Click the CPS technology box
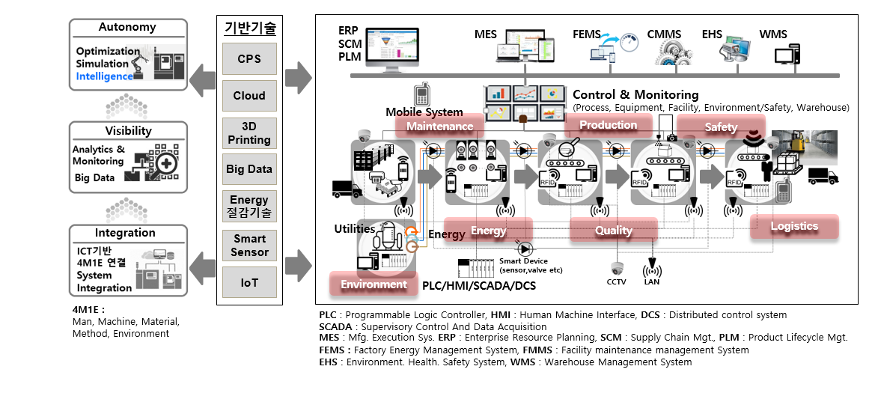249,58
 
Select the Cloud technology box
249,96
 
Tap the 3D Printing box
249,133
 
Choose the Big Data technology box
249,169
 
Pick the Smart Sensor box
249,245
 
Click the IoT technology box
249,283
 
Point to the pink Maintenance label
439,127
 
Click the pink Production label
608,125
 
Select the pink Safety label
721,127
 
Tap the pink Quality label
614,231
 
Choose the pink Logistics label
794,226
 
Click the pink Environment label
374,284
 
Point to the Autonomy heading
127,27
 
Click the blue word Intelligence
104,76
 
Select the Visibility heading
127,130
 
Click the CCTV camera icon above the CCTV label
617,268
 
